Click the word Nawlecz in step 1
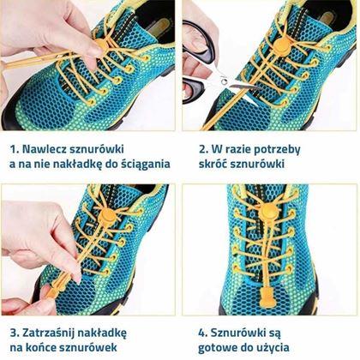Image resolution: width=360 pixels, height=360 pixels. pyautogui.click(x=44, y=149)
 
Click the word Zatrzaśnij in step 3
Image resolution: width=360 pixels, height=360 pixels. pyautogui.click(x=48, y=333)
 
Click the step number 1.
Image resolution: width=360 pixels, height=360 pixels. pyautogui.click(x=14, y=149)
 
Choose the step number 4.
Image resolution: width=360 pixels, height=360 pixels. pyautogui.click(x=202, y=333)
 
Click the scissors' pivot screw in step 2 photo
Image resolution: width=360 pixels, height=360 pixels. pyautogui.click(x=224, y=81)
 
